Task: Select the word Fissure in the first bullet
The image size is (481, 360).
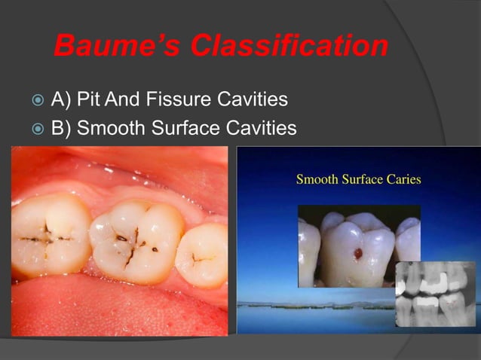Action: pyautogui.click(x=195, y=99)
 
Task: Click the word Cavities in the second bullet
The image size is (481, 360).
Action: pyautogui.click(x=261, y=128)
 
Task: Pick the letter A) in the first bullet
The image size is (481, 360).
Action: pyautogui.click(x=61, y=99)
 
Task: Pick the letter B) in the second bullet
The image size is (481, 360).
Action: pyautogui.click(x=61, y=128)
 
